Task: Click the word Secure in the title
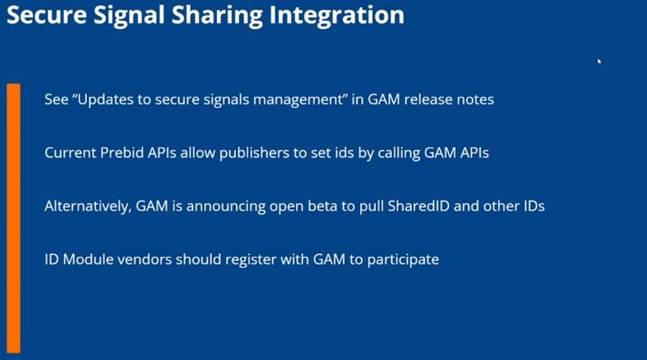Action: [46, 15]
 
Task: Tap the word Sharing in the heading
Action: [217, 17]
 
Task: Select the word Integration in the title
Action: [336, 17]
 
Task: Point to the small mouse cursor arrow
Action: [599, 62]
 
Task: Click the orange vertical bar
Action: [14, 218]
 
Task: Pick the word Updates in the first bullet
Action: [104, 100]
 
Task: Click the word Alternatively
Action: [88, 206]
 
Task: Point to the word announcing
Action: [226, 206]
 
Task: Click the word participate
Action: [403, 260]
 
